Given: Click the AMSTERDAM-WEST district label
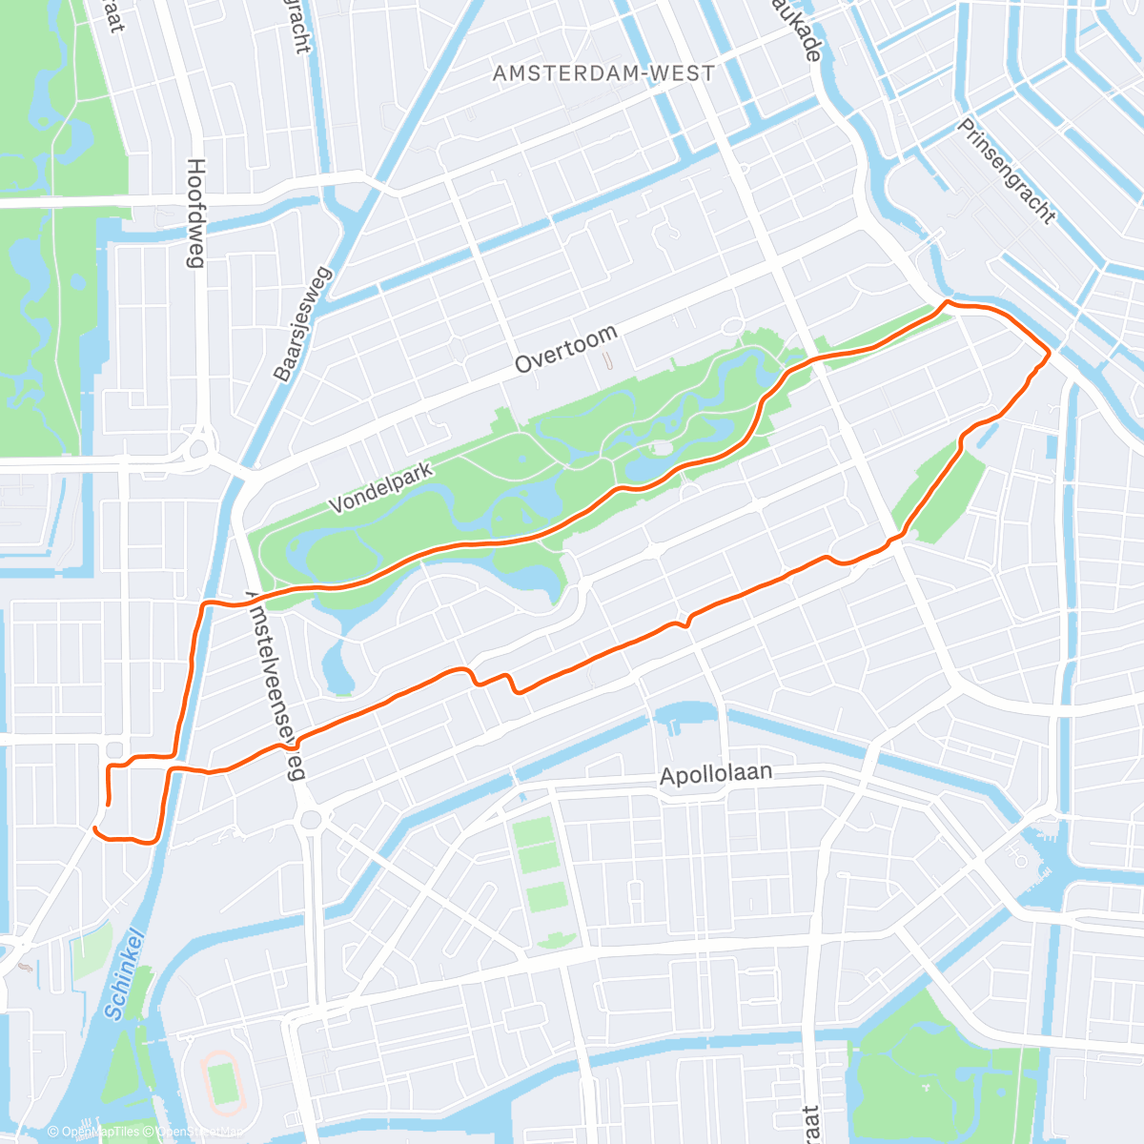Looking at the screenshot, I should (x=603, y=73).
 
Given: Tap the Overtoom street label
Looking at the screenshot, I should (x=566, y=349).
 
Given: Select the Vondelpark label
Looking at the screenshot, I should (x=381, y=487).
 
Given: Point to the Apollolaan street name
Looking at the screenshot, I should (x=716, y=774).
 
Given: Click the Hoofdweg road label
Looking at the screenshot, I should (x=196, y=214).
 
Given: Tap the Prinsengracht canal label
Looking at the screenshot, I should (x=1008, y=173).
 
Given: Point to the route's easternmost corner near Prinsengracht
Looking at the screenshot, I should (x=1049, y=354).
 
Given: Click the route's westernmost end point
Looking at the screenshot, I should (x=94, y=829).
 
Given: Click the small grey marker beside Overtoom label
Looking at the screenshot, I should (x=607, y=360).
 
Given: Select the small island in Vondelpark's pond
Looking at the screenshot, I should (x=660, y=447).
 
